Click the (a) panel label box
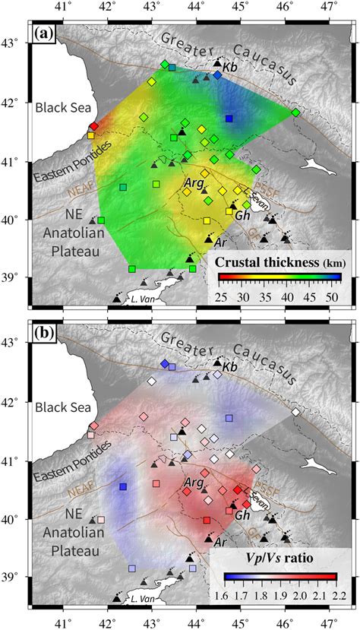point(41,35)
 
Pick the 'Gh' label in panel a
point(243,216)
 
